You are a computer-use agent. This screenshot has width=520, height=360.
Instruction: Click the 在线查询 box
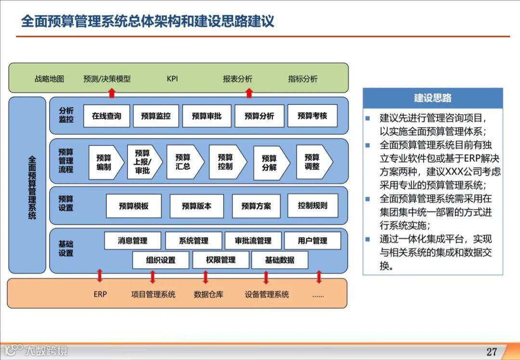(106, 116)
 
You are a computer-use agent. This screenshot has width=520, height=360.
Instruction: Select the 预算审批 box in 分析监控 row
(207, 116)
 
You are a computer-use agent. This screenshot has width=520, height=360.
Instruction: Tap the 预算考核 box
(312, 116)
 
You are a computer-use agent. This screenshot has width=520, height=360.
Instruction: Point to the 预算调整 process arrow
(313, 162)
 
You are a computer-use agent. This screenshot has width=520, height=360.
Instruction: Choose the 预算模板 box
(133, 206)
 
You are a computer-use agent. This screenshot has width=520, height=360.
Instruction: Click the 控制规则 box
(312, 206)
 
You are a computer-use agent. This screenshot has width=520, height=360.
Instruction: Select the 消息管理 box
(132, 241)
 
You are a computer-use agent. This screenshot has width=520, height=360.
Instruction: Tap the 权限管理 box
(221, 260)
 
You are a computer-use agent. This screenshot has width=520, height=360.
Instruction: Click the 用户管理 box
(312, 241)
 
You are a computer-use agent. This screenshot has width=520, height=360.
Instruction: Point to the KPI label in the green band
(172, 78)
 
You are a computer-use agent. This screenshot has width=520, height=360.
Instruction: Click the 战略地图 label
(49, 79)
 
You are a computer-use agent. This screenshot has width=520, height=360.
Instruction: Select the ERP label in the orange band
(100, 294)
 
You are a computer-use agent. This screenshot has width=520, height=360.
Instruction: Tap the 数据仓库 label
(208, 294)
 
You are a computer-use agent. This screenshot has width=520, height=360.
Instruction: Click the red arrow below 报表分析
(249, 92)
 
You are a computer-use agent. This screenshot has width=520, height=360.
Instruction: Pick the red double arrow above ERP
(100, 276)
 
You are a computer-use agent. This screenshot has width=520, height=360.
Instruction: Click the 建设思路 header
(432, 98)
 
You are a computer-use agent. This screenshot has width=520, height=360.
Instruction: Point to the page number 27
(492, 351)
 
